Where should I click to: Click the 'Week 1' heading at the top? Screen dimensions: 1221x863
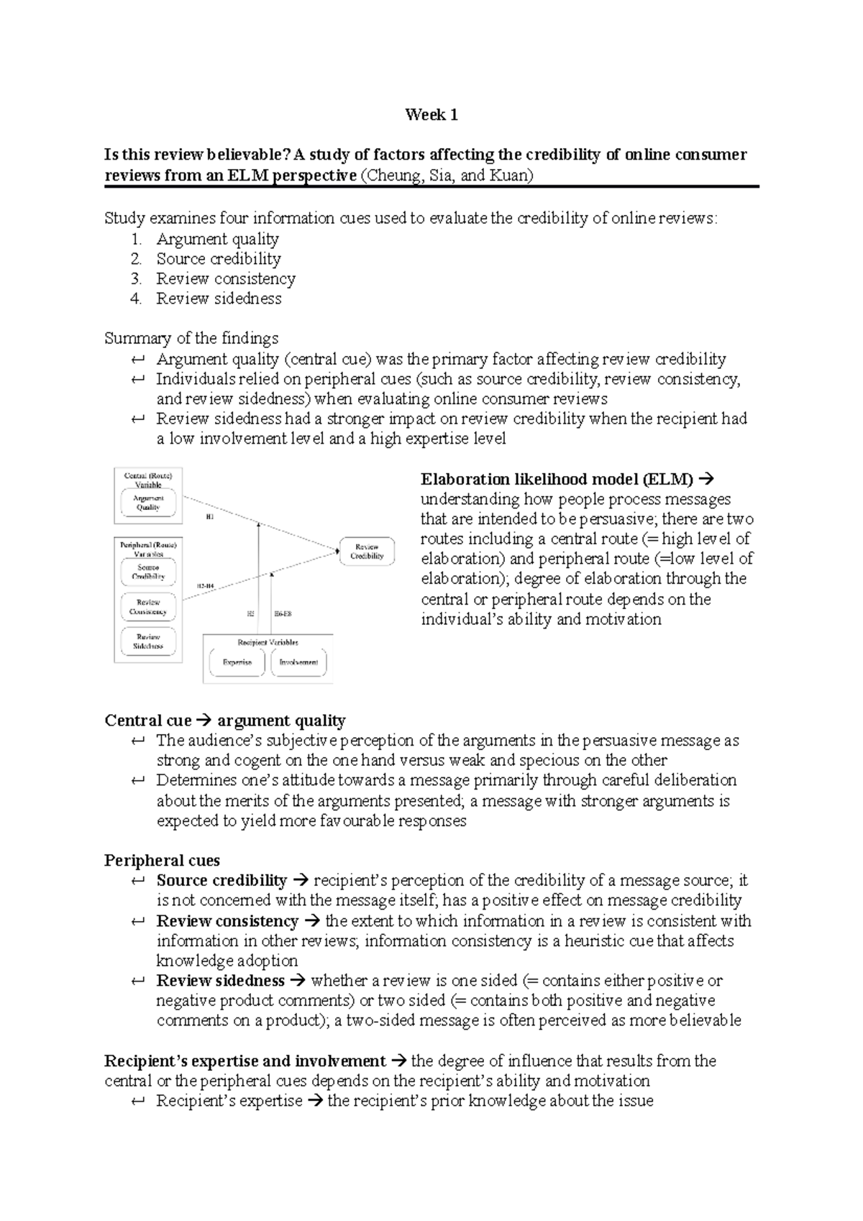click(x=431, y=115)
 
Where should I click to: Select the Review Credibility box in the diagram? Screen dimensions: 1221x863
click(x=367, y=551)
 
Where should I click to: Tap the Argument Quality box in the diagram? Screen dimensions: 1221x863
click(x=149, y=502)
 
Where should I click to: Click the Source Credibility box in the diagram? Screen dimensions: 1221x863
click(x=147, y=572)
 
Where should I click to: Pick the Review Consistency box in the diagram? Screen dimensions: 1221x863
click(x=147, y=607)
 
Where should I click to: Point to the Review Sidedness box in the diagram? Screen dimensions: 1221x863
click(x=147, y=641)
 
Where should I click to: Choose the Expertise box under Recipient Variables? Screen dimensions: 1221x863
click(x=237, y=662)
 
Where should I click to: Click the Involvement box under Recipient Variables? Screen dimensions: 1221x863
click(x=298, y=662)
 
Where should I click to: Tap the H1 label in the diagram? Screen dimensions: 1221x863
click(x=210, y=517)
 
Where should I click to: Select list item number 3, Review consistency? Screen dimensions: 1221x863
click(x=225, y=279)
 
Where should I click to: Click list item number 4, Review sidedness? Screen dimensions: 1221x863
click(x=219, y=298)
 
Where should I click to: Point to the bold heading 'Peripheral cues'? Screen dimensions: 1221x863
click(x=162, y=861)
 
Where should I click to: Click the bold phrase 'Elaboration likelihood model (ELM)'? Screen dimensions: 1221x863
click(x=557, y=480)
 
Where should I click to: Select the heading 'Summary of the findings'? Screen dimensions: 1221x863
click(x=191, y=338)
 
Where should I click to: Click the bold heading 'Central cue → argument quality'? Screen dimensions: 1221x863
click(x=224, y=721)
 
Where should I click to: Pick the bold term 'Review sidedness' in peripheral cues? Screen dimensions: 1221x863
click(x=220, y=981)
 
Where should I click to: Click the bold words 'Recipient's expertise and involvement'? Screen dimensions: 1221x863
click(x=245, y=1061)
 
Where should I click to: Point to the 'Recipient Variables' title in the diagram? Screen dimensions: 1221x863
click(x=268, y=642)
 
